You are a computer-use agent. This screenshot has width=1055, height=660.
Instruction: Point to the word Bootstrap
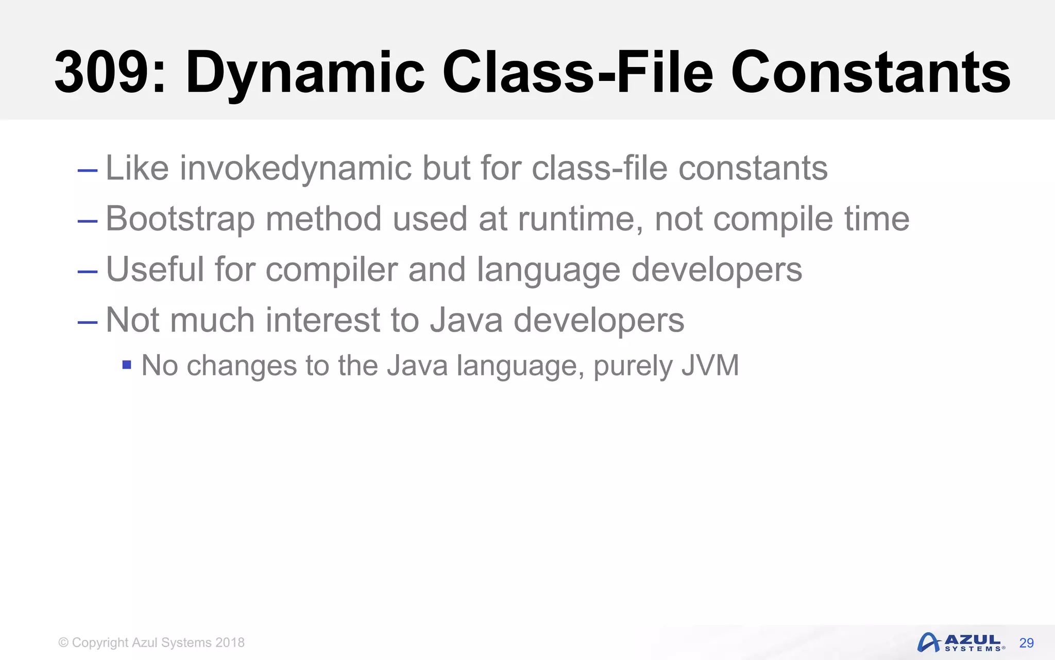click(180, 219)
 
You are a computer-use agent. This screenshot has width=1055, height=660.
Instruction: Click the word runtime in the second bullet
click(580, 219)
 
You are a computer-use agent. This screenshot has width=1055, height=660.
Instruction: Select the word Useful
click(155, 269)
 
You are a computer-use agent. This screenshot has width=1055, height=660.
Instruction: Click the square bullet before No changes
click(127, 366)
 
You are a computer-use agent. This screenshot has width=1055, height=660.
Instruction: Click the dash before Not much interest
click(87, 322)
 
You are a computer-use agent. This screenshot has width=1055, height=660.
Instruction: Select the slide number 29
click(1026, 643)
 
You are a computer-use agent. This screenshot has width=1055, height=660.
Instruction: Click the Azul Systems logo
click(960, 642)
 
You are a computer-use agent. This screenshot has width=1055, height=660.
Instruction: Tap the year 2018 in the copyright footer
click(230, 642)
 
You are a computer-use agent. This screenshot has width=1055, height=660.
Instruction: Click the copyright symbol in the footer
click(63, 642)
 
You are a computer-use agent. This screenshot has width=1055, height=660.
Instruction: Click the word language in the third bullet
click(548, 269)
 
